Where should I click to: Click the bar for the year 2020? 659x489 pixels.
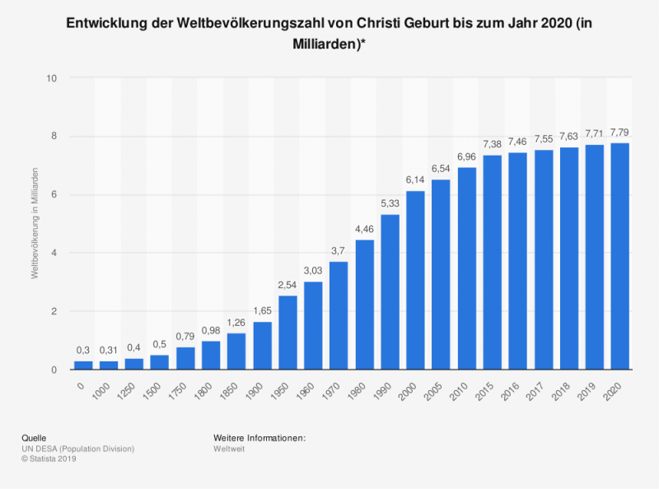[620, 256]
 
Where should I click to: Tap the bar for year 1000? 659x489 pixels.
[109, 365]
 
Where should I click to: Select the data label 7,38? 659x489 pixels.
[493, 144]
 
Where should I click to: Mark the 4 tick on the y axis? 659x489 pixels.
[54, 254]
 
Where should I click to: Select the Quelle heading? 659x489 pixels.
[34, 437]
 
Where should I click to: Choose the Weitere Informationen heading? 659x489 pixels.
[259, 437]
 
